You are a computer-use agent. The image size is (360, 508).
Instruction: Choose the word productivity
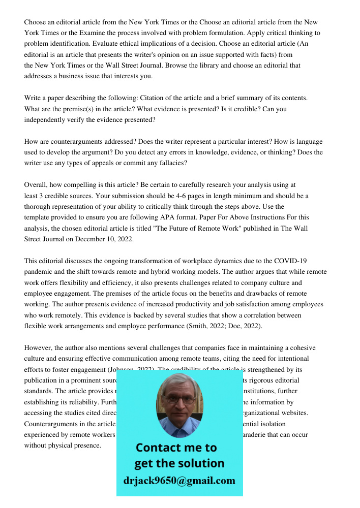point(207,304)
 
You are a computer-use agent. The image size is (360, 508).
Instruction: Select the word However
point(38,348)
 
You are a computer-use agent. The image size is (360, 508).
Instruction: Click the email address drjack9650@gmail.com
point(179,480)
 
